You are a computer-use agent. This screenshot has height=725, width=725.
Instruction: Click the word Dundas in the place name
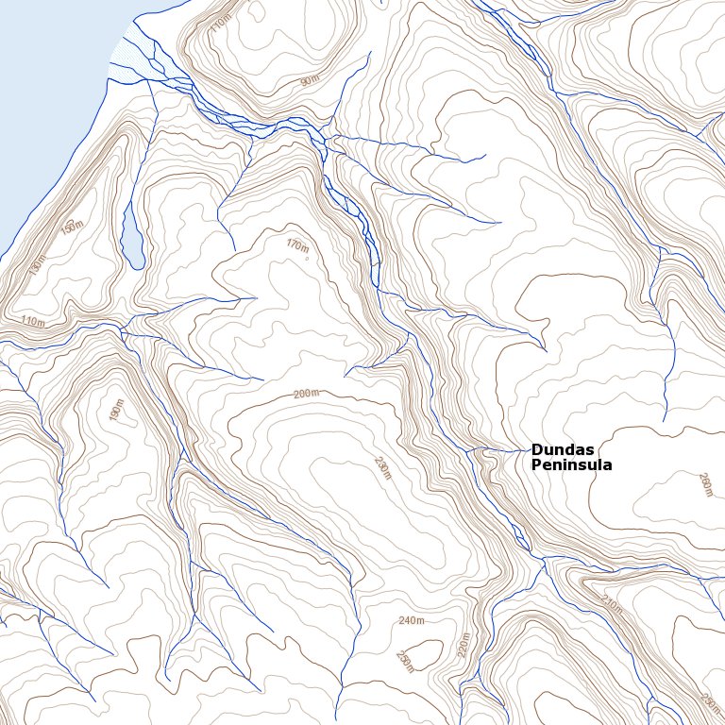(563, 450)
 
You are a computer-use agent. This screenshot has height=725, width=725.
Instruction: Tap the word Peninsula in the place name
(571, 465)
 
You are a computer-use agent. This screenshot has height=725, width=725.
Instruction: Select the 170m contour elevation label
(296, 245)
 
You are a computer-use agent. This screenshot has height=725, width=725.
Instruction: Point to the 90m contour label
(309, 81)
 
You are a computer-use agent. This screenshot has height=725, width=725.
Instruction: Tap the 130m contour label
(37, 266)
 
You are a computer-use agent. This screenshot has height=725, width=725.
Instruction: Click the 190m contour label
(116, 412)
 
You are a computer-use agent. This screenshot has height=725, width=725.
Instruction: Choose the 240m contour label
(412, 620)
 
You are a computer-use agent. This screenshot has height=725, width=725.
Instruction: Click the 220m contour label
(462, 645)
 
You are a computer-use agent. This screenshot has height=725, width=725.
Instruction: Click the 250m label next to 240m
(405, 661)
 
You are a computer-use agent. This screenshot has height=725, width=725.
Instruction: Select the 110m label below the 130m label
(32, 322)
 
